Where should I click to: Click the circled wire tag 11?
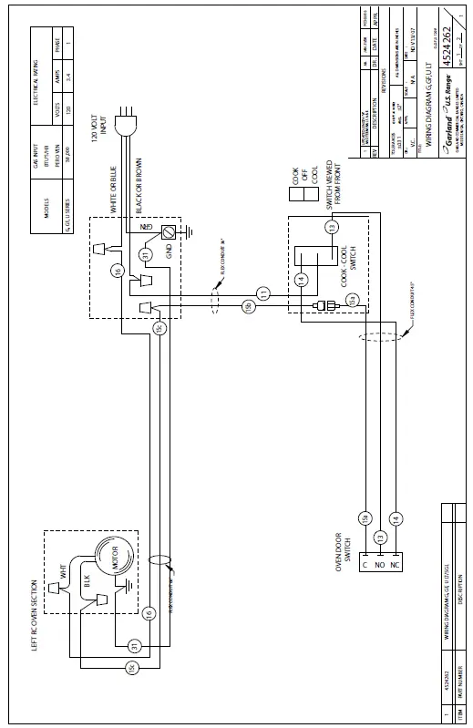click(263, 292)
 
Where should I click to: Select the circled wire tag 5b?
click(247, 308)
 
